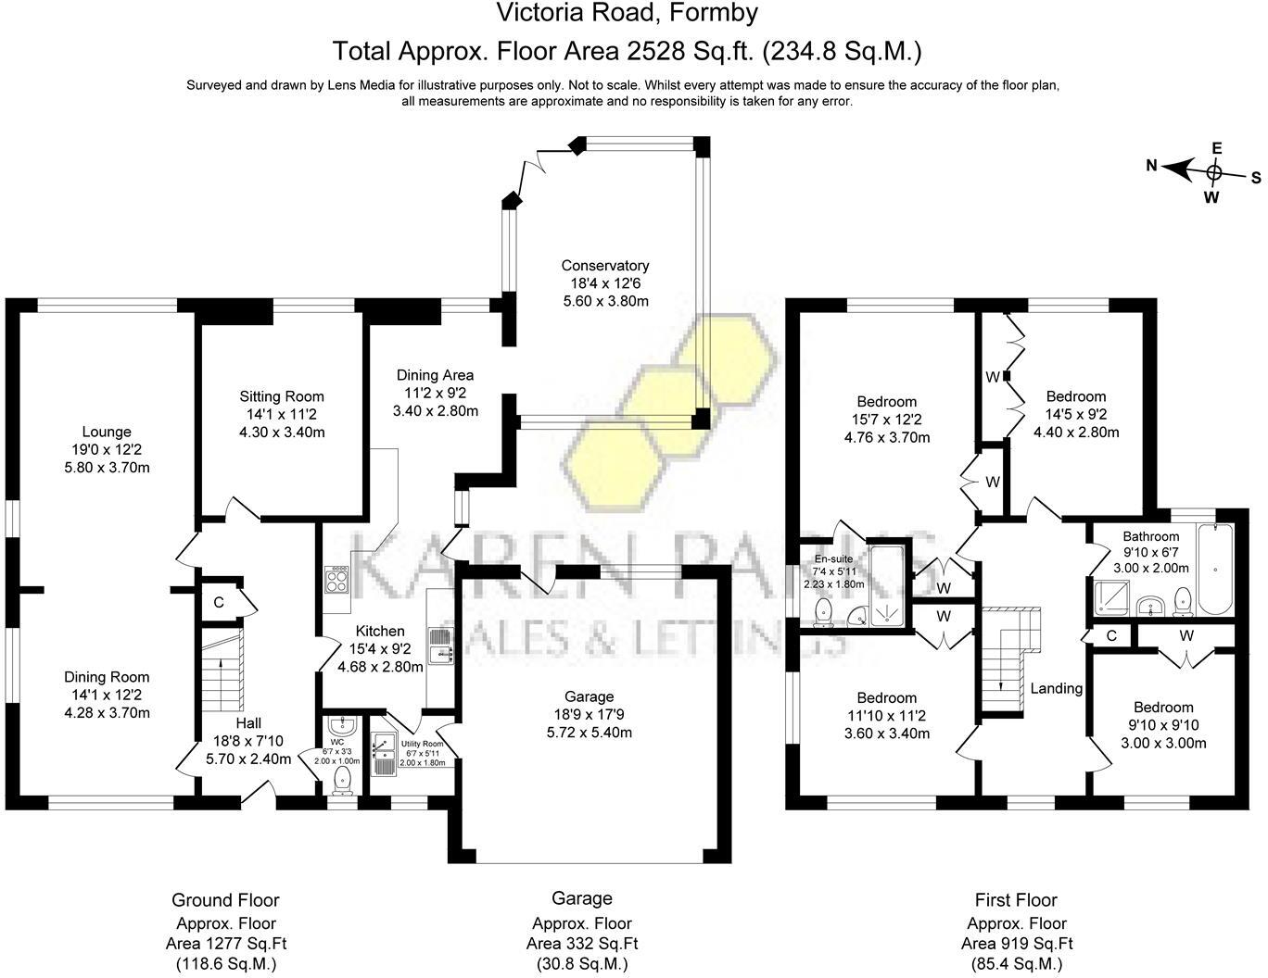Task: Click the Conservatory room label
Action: click(x=604, y=266)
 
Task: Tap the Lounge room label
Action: click(x=107, y=432)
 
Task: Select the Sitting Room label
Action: click(x=282, y=396)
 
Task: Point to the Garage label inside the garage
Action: click(x=589, y=696)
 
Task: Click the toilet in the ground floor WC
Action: click(x=344, y=779)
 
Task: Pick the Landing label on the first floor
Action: click(x=1056, y=688)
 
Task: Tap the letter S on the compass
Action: click(x=1256, y=178)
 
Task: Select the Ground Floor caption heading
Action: click(x=225, y=899)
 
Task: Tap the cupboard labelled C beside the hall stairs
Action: click(x=219, y=603)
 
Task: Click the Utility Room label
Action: click(x=422, y=744)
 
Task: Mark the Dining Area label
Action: click(x=435, y=375)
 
